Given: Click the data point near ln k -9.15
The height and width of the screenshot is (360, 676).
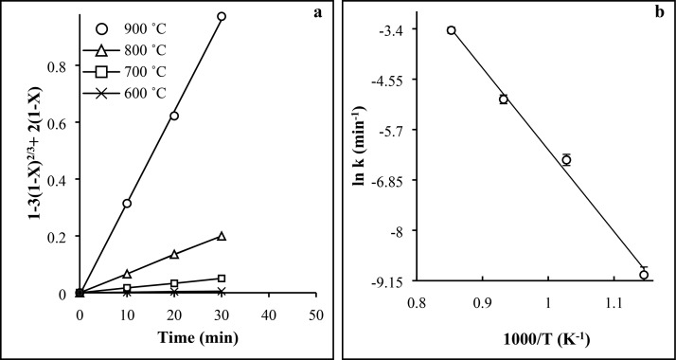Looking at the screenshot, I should click(x=644, y=275).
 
